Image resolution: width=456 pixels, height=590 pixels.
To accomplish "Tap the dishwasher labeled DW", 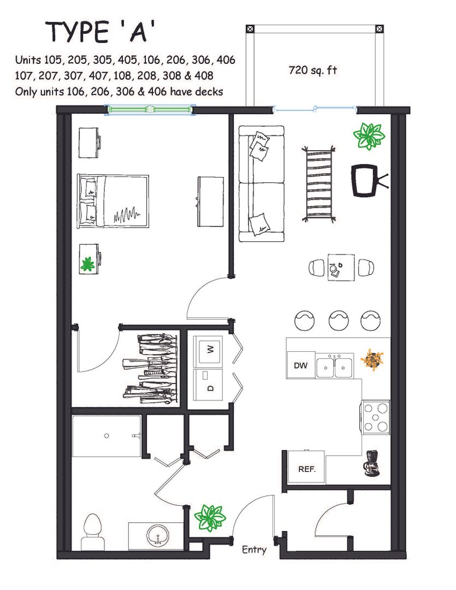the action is point(300,364).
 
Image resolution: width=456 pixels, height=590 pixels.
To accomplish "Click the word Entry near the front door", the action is point(254,550).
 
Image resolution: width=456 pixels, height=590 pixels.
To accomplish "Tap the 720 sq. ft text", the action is point(313,70).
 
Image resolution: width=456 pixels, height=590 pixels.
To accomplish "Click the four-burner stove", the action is point(376,417).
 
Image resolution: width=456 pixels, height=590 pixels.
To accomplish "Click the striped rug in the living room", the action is point(319,185).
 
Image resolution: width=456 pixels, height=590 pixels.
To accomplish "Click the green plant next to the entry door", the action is point(210,518).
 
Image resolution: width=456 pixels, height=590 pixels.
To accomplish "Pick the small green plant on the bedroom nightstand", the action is point(88,264).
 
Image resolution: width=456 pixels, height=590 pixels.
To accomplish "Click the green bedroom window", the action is point(150,110).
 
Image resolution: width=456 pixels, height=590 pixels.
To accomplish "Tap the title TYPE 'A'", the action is point(100,32).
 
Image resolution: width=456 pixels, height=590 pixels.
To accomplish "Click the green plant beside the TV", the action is point(369,135).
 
